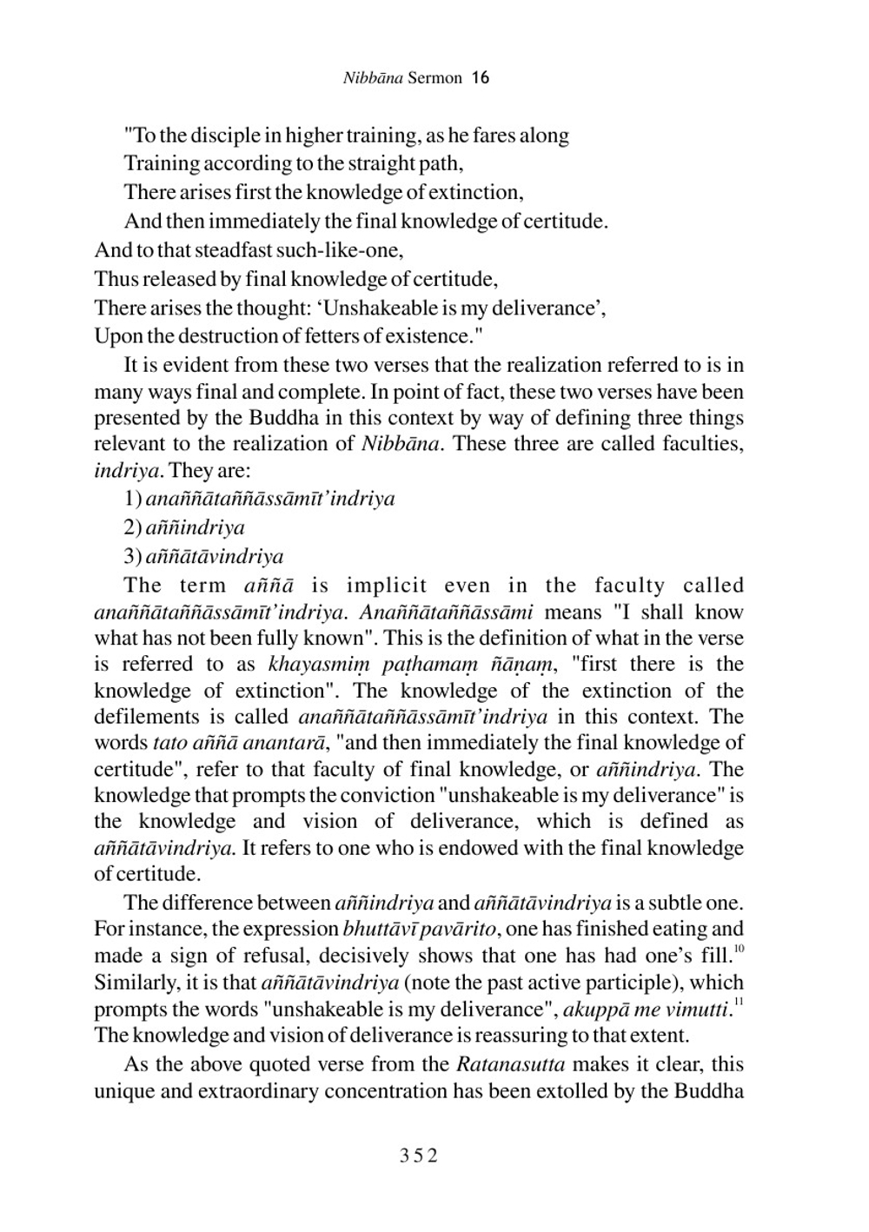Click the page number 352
(x=419, y=1156)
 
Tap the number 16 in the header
(x=481, y=78)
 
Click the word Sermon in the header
(x=434, y=78)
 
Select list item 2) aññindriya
(x=184, y=527)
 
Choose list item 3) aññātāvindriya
(x=204, y=557)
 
